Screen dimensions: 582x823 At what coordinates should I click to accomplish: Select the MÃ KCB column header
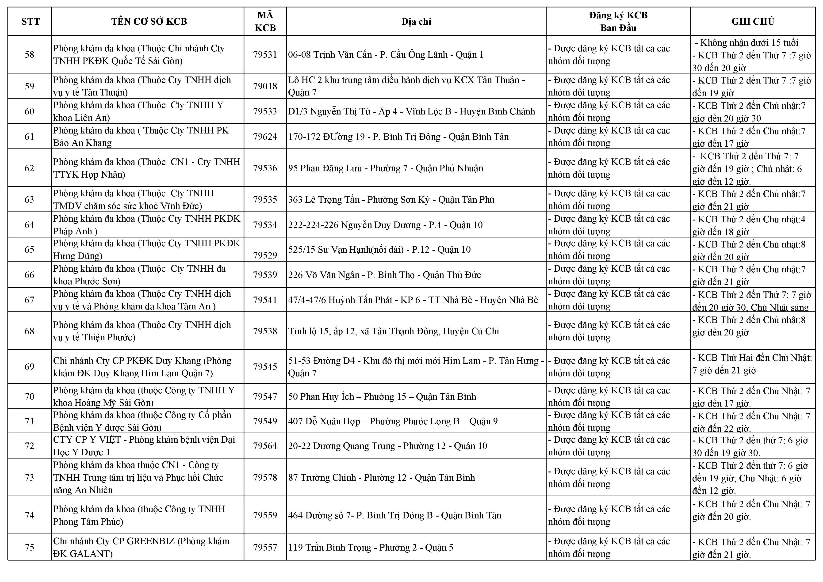coord(265,22)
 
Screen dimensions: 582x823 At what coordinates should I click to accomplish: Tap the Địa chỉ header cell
coord(416,22)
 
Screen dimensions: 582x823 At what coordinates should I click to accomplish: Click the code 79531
coord(265,54)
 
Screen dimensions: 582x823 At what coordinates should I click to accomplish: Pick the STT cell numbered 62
coord(29,168)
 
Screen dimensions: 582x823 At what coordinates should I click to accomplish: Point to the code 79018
coord(265,86)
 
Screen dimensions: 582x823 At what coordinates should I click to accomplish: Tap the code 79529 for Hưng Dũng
coord(265,255)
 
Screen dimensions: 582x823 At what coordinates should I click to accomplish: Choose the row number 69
coord(29,367)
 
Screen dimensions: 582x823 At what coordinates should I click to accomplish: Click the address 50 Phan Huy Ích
coord(382,397)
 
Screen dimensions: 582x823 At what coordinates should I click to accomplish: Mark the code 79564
coord(265,446)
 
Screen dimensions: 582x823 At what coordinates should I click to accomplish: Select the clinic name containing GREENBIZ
coord(141,547)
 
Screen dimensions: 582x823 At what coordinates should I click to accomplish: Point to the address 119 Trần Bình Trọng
coord(371,548)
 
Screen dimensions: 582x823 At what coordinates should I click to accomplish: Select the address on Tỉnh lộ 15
coord(394,331)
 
